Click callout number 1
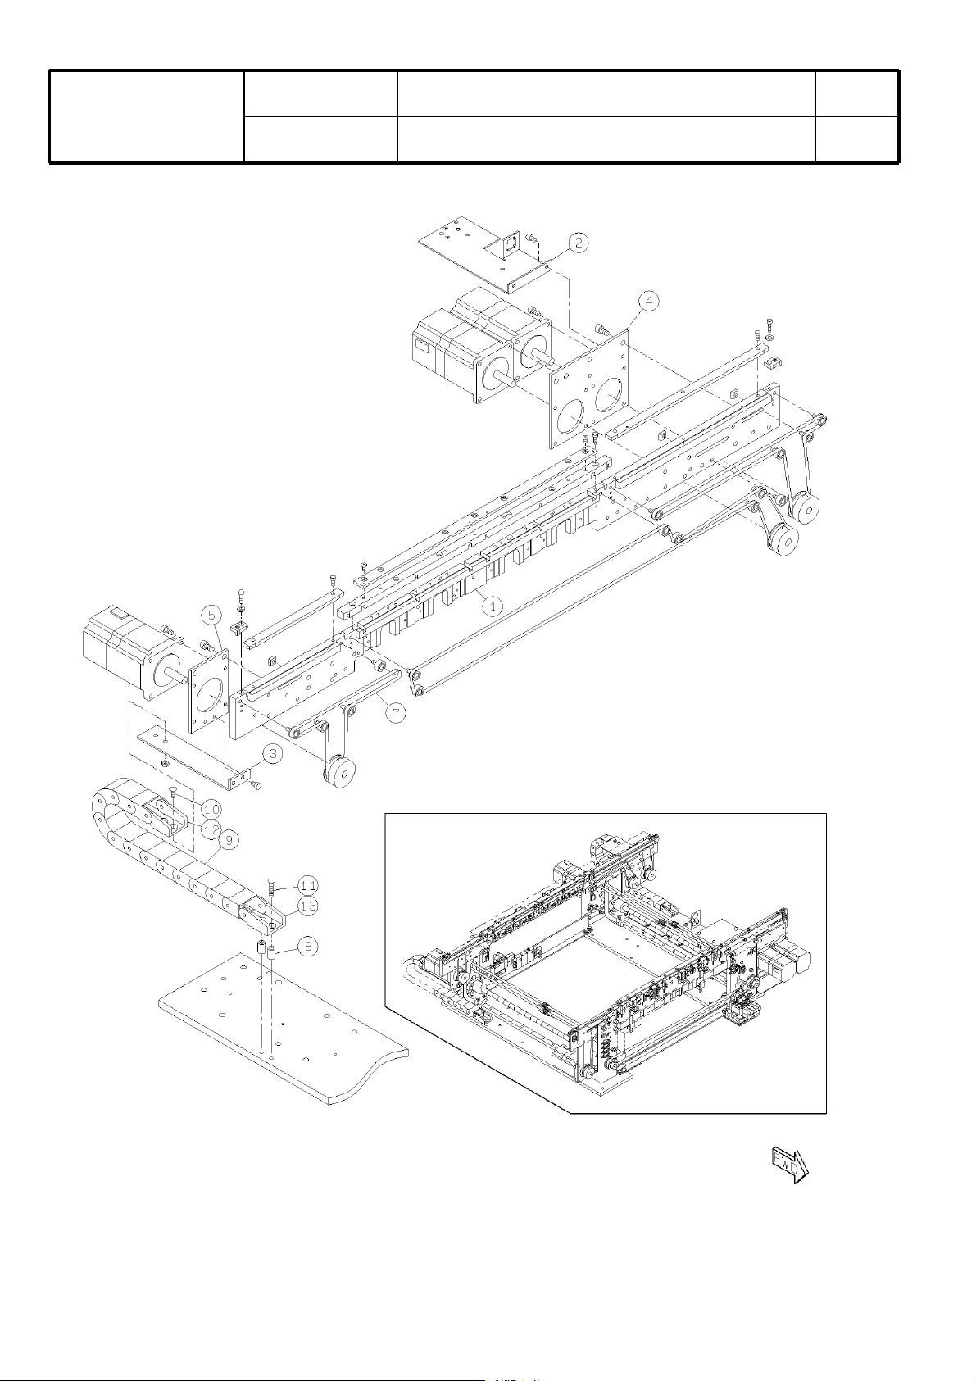pyautogui.click(x=493, y=606)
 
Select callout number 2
pyautogui.click(x=579, y=243)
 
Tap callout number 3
pyautogui.click(x=273, y=753)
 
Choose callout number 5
pyautogui.click(x=211, y=615)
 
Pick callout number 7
pyautogui.click(x=396, y=713)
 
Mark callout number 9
pyautogui.click(x=229, y=839)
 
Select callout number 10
pyautogui.click(x=211, y=808)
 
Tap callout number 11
pyautogui.click(x=308, y=886)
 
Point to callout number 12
pyautogui.click(x=211, y=829)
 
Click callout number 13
pyautogui.click(x=308, y=906)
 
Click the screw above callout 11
pyautogui.click(x=270, y=888)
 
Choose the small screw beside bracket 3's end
pyautogui.click(x=257, y=785)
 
